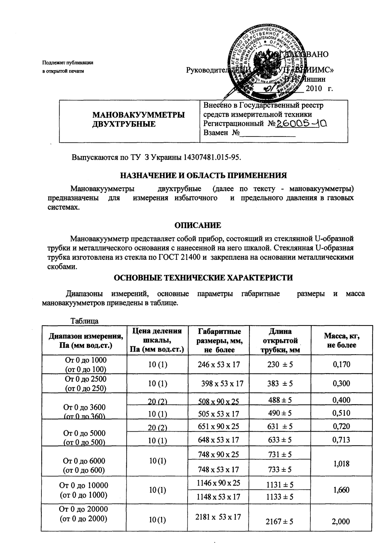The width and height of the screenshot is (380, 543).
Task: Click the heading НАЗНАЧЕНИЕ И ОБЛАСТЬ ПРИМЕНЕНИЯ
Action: coord(203,175)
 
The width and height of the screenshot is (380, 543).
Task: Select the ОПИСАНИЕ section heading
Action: coord(197,226)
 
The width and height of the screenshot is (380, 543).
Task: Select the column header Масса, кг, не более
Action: coord(341,340)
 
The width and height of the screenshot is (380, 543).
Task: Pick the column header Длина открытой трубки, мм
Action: coord(280,340)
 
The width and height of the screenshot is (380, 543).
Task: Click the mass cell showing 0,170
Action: coord(341,364)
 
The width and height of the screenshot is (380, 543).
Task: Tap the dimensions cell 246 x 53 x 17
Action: coord(219,364)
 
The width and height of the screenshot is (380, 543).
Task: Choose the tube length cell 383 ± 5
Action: coord(280,383)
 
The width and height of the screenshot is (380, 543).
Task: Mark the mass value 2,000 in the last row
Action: coord(341,521)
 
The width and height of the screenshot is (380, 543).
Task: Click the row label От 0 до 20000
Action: coord(85,509)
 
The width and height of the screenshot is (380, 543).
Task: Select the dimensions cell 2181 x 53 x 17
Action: coord(219,517)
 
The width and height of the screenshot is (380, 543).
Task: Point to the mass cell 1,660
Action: coord(341,490)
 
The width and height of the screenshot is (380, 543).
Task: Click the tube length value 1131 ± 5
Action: coord(280,485)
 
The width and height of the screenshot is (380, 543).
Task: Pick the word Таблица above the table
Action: coord(85,321)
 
